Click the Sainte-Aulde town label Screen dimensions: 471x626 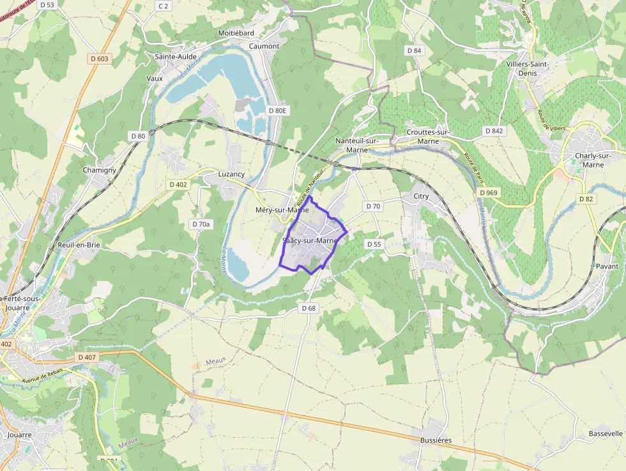coord(176,56)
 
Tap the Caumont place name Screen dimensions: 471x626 coord(264,46)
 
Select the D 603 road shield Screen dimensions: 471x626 coord(99,59)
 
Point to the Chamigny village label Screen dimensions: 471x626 coord(100,171)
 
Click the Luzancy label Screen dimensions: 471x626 coord(231,174)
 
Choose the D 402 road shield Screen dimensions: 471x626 coord(178,185)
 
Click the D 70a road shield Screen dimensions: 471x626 coord(201,224)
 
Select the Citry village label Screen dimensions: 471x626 coord(421,196)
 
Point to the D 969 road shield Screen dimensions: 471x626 coord(488,192)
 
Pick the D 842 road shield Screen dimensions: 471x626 coord(494,131)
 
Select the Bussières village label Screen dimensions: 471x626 coord(436,440)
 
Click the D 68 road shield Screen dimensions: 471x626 coord(309,308)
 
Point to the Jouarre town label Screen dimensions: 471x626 coord(20,435)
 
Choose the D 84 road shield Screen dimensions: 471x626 coord(414,50)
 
